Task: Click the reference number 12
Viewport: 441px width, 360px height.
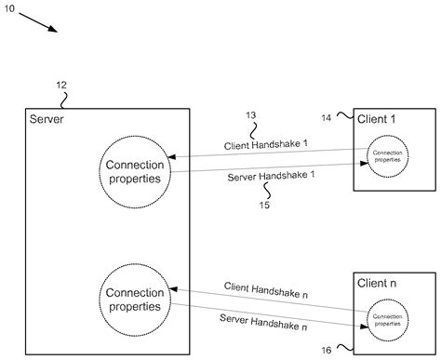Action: (x=60, y=85)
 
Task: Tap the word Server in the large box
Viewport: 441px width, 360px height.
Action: (x=47, y=118)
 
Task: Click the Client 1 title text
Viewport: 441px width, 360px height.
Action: (x=378, y=119)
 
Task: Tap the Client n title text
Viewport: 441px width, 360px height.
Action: (x=378, y=281)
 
